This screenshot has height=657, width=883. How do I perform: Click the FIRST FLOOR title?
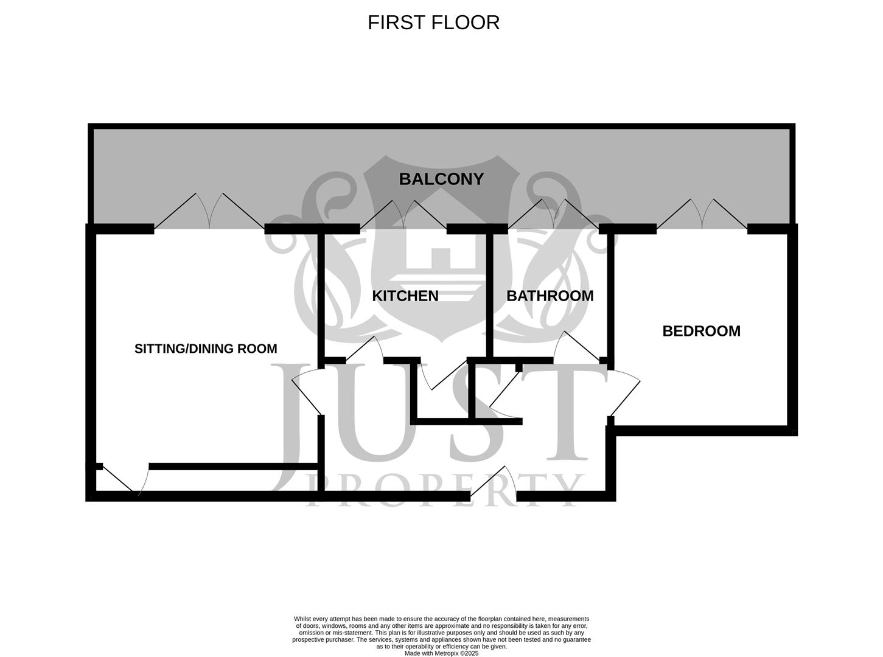pos(433,23)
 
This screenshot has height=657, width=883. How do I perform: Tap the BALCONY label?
pos(441,179)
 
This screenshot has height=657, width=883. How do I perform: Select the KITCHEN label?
pos(405,296)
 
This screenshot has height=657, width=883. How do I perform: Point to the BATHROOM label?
pos(550,296)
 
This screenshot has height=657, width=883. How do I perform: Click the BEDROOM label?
pos(701,331)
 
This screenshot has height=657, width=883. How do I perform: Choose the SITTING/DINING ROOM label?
pos(206,349)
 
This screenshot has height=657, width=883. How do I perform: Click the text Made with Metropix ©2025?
pos(441,653)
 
